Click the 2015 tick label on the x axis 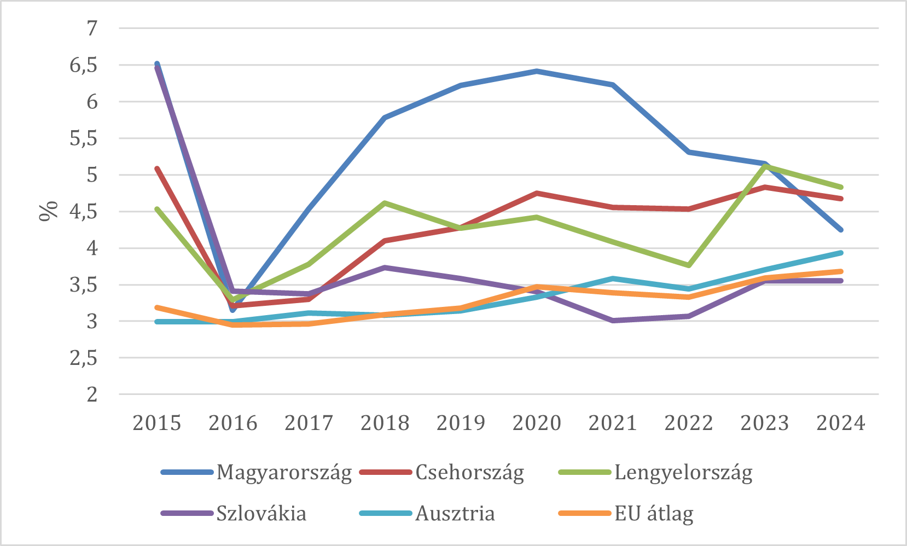pyautogui.click(x=156, y=423)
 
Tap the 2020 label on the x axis pyautogui.click(x=537, y=423)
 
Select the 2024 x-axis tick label pyautogui.click(x=841, y=423)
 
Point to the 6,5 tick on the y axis pyautogui.click(x=83, y=65)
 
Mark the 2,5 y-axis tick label pyautogui.click(x=83, y=358)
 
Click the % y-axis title pyautogui.click(x=48, y=211)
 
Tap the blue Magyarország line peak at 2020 pyautogui.click(x=537, y=71)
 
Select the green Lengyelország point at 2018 pyautogui.click(x=385, y=203)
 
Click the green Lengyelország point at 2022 pyautogui.click(x=689, y=265)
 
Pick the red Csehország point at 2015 pyautogui.click(x=157, y=169)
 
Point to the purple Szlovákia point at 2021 pyautogui.click(x=613, y=321)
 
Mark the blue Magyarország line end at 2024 pyautogui.click(x=841, y=230)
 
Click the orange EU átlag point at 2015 pyautogui.click(x=157, y=307)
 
